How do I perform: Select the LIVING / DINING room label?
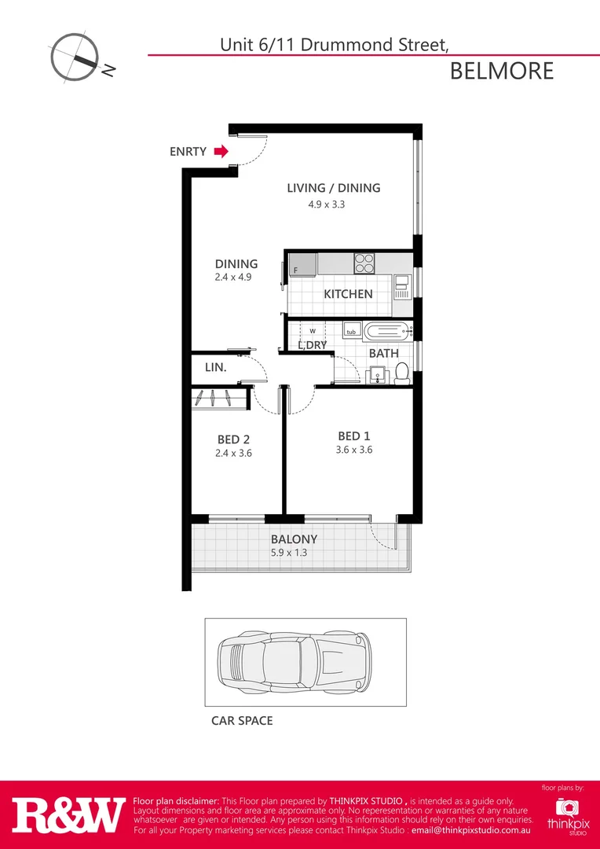click(333, 188)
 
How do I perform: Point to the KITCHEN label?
click(348, 294)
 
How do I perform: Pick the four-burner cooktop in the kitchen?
click(364, 262)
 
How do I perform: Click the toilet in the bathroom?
click(402, 372)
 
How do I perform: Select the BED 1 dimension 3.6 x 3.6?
click(354, 450)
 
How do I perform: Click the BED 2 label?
click(234, 439)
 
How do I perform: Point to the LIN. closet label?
click(216, 367)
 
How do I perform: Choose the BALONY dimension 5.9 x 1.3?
click(294, 553)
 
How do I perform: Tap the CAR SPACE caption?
click(242, 720)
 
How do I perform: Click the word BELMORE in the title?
click(502, 71)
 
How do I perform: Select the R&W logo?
click(68, 815)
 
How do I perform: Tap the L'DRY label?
click(312, 345)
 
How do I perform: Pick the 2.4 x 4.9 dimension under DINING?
click(232, 277)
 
